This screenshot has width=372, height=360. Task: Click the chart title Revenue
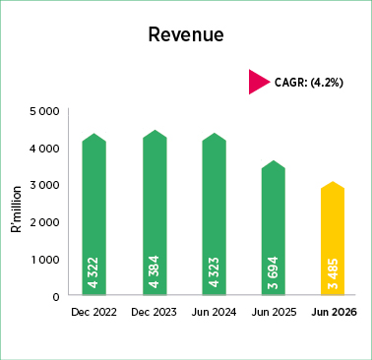[186, 34]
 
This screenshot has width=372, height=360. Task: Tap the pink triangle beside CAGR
[259, 82]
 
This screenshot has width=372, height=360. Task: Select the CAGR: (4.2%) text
[309, 83]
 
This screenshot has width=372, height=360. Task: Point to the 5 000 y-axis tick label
[44, 111]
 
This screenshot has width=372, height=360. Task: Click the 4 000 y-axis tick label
[44, 149]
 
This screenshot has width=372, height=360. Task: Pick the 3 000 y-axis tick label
[44, 185]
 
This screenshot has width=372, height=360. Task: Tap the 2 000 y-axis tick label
[44, 222]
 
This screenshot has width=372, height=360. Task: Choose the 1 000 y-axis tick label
[45, 260]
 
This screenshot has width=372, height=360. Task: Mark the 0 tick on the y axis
[56, 297]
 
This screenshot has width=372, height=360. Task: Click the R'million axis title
[16, 210]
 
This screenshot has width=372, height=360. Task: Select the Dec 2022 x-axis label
[93, 312]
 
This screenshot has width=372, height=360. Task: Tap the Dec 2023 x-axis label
[154, 312]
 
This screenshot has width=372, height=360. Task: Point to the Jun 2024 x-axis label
[214, 312]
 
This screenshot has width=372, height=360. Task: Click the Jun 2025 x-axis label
[274, 312]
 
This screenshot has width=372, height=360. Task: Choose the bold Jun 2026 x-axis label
[334, 312]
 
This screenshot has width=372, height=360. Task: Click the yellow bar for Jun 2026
[333, 238]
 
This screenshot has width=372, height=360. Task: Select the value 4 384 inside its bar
[154, 271]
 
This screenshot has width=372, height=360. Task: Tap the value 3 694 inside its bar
[273, 272]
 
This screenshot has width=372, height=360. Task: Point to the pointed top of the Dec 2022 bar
[94, 134]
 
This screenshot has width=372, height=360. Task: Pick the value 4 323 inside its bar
[214, 272]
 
